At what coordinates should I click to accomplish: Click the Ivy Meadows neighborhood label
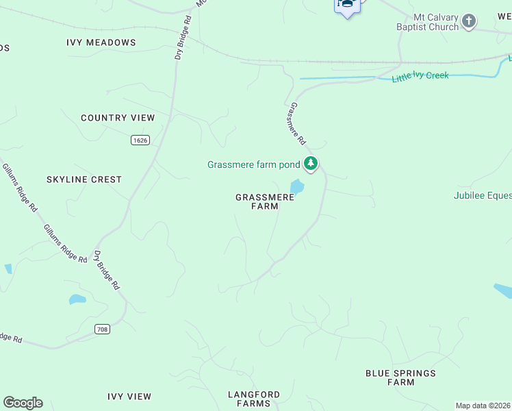[101, 42]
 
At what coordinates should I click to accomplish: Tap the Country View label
[118, 118]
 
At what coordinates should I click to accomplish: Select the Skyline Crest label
[84, 179]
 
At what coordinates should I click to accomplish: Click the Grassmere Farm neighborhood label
[265, 201]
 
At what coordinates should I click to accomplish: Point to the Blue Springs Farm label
[400, 377]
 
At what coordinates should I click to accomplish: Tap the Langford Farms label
[253, 399]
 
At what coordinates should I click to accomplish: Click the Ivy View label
[129, 397]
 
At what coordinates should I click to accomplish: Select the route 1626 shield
[140, 140]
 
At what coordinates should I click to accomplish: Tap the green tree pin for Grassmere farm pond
[311, 164]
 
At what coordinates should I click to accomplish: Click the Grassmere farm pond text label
[254, 164]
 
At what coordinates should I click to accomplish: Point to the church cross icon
[469, 21]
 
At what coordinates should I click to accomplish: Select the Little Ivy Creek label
[420, 76]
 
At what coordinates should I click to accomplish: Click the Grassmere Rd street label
[298, 124]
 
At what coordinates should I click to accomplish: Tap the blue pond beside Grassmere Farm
[297, 186]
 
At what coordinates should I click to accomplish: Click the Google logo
[23, 403]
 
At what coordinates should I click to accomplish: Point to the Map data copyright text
[483, 406]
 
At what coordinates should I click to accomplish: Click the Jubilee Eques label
[482, 195]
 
